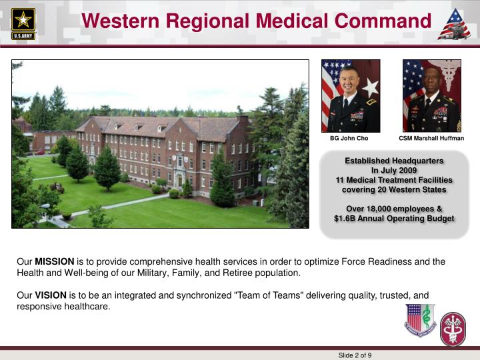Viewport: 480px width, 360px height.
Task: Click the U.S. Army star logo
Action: [23, 23]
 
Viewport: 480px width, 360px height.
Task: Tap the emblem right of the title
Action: [454, 24]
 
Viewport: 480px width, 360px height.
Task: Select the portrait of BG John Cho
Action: [351, 96]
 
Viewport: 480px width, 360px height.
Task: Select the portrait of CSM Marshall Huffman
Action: [431, 96]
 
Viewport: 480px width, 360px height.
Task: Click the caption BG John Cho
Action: [349, 139]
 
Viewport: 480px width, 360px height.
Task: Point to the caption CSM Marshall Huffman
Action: [431, 139]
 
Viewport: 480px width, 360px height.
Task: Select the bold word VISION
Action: [51, 295]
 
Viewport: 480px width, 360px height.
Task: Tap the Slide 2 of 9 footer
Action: [355, 355]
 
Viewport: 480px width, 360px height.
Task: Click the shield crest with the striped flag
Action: [420, 319]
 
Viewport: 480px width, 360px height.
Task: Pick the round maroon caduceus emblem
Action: [453, 329]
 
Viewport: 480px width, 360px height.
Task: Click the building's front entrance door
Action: [179, 180]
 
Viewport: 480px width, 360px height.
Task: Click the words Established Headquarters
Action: [393, 161]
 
